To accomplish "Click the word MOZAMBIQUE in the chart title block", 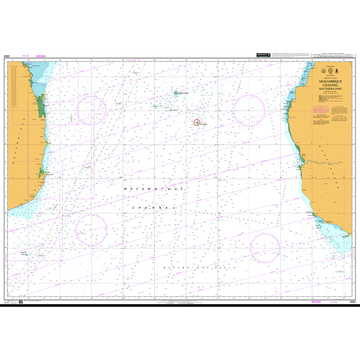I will pyautogui.click(x=330, y=81).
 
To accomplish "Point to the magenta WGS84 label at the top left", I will pyautogui.click(x=41, y=57).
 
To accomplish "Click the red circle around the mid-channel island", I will pyautogui.click(x=197, y=122).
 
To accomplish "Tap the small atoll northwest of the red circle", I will pyautogui.click(x=178, y=93).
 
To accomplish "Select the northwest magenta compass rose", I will pyautogui.click(x=92, y=109).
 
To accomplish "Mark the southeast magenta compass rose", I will pyautogui.click(x=265, y=248).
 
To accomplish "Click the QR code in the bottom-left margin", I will pyautogui.click(x=21, y=302).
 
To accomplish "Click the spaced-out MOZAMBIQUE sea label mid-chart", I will pyautogui.click(x=156, y=188).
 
